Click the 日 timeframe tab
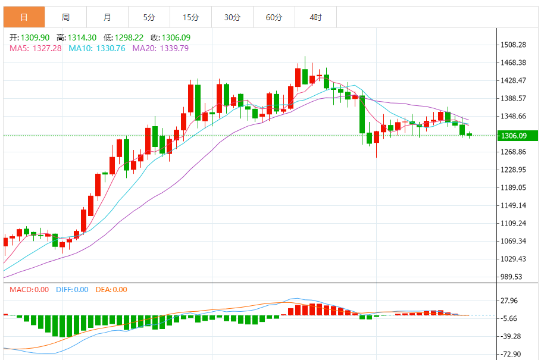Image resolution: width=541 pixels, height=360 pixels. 24,17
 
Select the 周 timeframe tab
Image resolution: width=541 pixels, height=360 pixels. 65,17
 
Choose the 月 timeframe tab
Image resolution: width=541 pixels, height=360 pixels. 107,17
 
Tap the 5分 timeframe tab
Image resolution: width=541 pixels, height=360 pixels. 149,17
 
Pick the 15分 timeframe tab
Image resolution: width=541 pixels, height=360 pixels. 190,17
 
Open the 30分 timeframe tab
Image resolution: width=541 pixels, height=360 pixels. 232,17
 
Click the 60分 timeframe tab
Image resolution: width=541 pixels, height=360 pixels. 274,17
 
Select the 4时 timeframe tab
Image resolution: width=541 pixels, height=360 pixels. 315,17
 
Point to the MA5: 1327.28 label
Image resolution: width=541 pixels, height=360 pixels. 36,48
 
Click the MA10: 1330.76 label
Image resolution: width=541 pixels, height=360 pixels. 97,48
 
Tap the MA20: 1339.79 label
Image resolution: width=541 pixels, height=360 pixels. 160,48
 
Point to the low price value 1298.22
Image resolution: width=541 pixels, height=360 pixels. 130,37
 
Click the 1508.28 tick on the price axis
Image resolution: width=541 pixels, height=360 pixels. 513,45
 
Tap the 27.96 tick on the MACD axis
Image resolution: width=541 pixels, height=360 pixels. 511,300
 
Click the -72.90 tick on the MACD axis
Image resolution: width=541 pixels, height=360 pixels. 511,354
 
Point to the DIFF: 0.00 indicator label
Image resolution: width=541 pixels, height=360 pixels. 72,290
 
